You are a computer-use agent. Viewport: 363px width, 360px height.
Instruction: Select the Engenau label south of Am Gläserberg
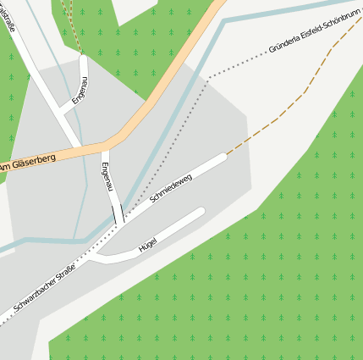tap(107, 175)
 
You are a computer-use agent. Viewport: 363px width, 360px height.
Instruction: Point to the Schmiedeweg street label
tap(171, 188)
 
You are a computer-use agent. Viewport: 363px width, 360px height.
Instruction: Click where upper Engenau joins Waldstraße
tap(63, 109)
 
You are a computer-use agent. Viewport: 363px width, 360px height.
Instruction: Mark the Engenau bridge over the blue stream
tap(118, 214)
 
